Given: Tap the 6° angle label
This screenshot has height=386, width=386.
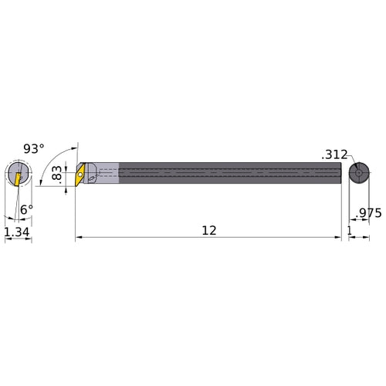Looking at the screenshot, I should click(26, 209).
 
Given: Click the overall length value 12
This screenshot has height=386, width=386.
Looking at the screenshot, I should click(208, 231).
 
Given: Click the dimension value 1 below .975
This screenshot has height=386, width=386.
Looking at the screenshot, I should click(350, 231).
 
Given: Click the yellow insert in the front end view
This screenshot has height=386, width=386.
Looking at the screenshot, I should click(17, 178).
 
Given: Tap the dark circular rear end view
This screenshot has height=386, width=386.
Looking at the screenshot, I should click(357, 173).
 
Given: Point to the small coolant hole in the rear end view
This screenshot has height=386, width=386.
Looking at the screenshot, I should click(357, 174).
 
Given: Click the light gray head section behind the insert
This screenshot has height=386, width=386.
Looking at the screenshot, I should click(104, 174).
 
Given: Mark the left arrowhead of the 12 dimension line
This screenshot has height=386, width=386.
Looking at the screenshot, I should click(79, 239).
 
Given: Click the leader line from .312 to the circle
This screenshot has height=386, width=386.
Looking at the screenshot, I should click(350, 160).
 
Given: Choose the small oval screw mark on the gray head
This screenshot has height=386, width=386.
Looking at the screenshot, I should click(92, 178).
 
